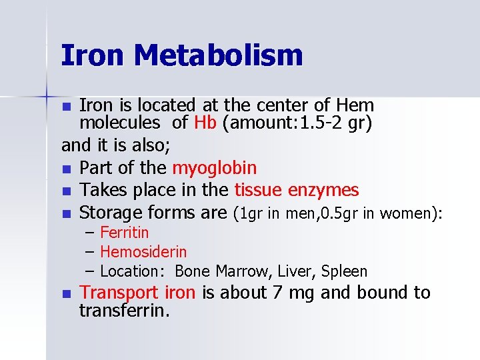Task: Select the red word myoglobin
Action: pos(214,168)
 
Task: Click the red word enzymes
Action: pos(323,191)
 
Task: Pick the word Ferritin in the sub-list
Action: pos(124,233)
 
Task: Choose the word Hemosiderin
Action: pos(143,252)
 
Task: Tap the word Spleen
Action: pos(344,272)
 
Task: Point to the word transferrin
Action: pos(124,311)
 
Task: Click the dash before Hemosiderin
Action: pos(91,252)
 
